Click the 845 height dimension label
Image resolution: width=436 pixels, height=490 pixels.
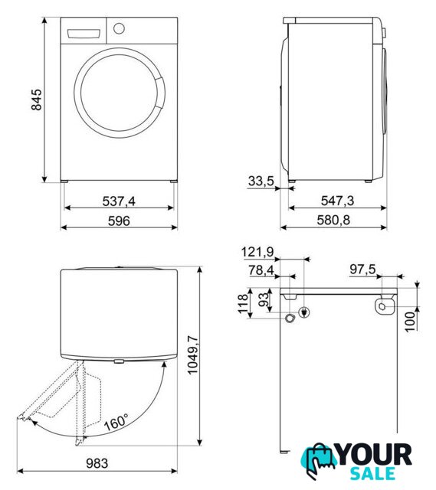tap(37, 100)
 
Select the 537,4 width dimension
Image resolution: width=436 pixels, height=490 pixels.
tap(119, 201)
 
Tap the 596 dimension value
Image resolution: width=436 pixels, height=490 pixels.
tap(119, 221)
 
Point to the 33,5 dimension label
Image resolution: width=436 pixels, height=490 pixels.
tap(261, 181)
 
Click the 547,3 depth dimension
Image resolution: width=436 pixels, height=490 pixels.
tap(337, 201)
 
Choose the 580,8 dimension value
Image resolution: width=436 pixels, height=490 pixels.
tap(333, 220)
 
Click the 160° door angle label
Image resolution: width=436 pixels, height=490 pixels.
tap(116, 422)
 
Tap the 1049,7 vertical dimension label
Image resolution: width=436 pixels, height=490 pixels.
tap(192, 354)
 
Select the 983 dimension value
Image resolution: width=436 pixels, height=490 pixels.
tap(97, 463)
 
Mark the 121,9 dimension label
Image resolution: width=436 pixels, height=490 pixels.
tap(257, 252)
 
